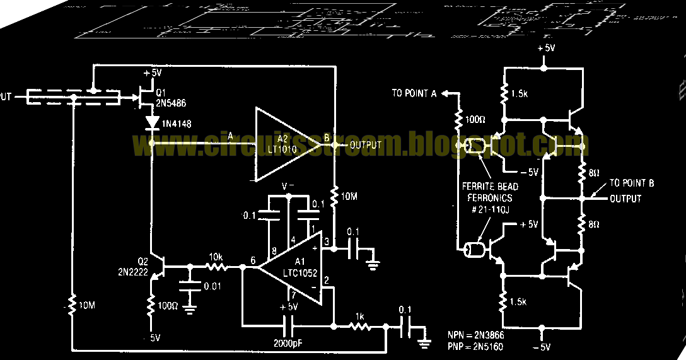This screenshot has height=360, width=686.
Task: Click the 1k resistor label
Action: [360, 316]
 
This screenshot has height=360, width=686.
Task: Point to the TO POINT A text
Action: [414, 93]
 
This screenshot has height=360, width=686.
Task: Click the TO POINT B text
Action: [632, 183]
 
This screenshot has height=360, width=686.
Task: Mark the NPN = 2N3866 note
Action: [476, 335]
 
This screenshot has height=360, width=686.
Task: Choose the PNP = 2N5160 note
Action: [476, 346]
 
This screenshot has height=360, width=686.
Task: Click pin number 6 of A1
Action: [252, 260]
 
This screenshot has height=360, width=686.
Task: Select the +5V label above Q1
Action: [153, 73]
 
